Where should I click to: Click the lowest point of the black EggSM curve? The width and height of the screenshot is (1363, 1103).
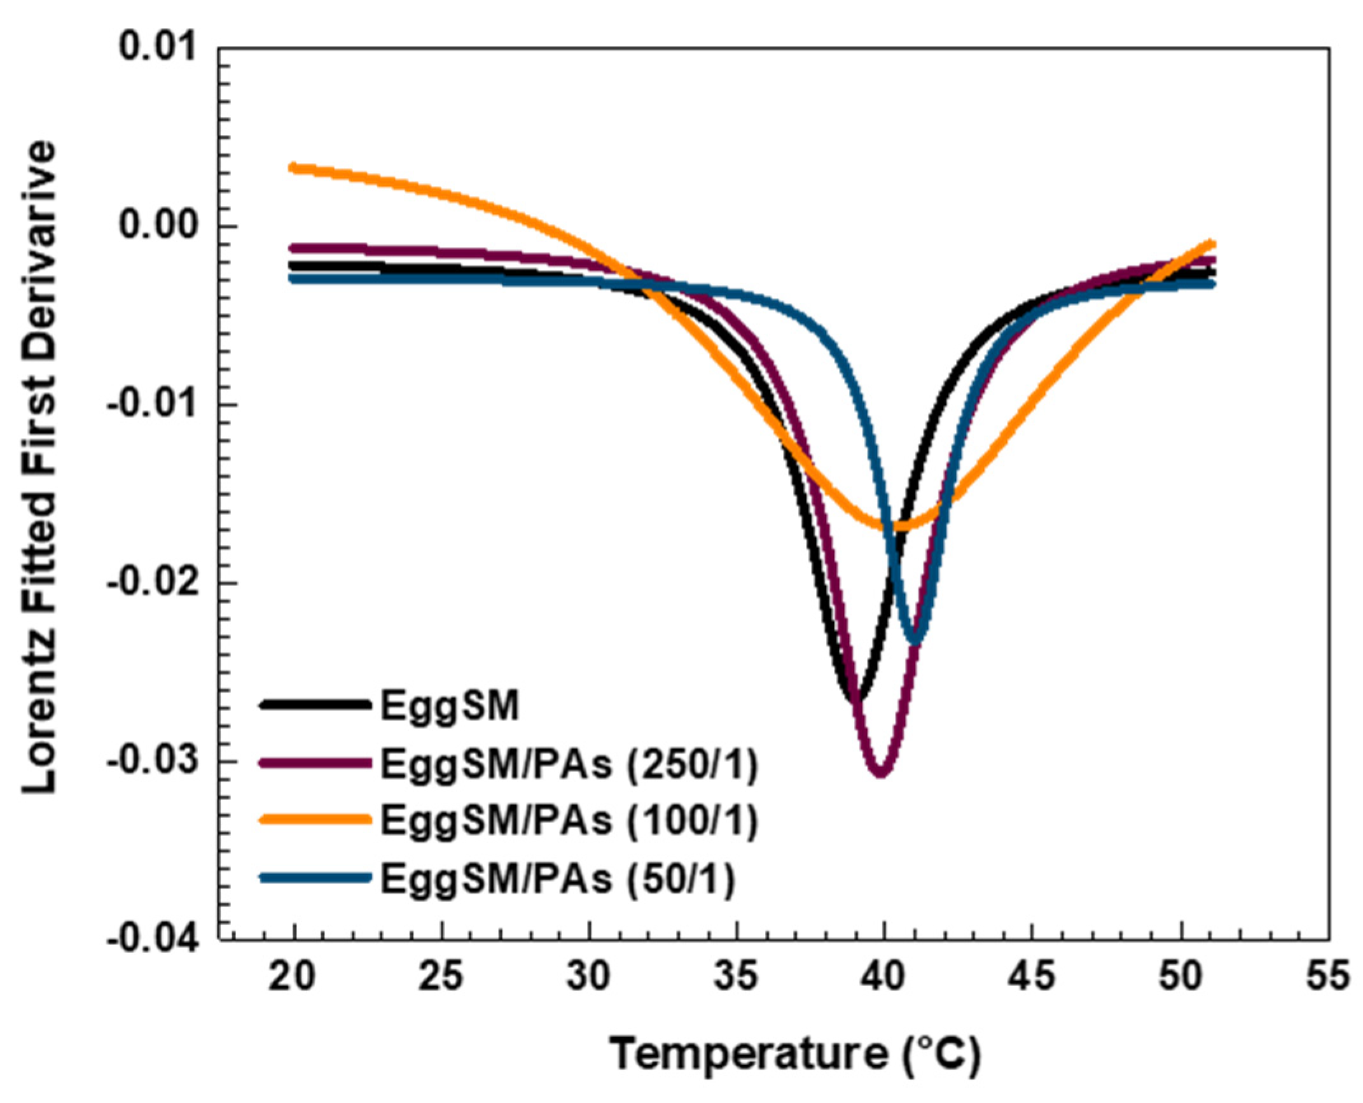point(855,698)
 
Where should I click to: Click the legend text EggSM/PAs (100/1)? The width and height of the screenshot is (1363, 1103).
point(569,821)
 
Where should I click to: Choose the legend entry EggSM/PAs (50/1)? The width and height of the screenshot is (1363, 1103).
point(558,878)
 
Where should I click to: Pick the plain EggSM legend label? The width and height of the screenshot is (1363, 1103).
point(450,705)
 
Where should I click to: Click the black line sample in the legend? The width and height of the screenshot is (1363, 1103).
point(315,704)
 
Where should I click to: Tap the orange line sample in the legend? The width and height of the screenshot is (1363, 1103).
point(315,820)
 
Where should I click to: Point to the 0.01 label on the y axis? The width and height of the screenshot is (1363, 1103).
point(158,48)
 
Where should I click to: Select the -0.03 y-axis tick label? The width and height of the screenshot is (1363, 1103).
point(151,761)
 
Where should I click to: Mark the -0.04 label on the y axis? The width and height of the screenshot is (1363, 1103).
point(151,940)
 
